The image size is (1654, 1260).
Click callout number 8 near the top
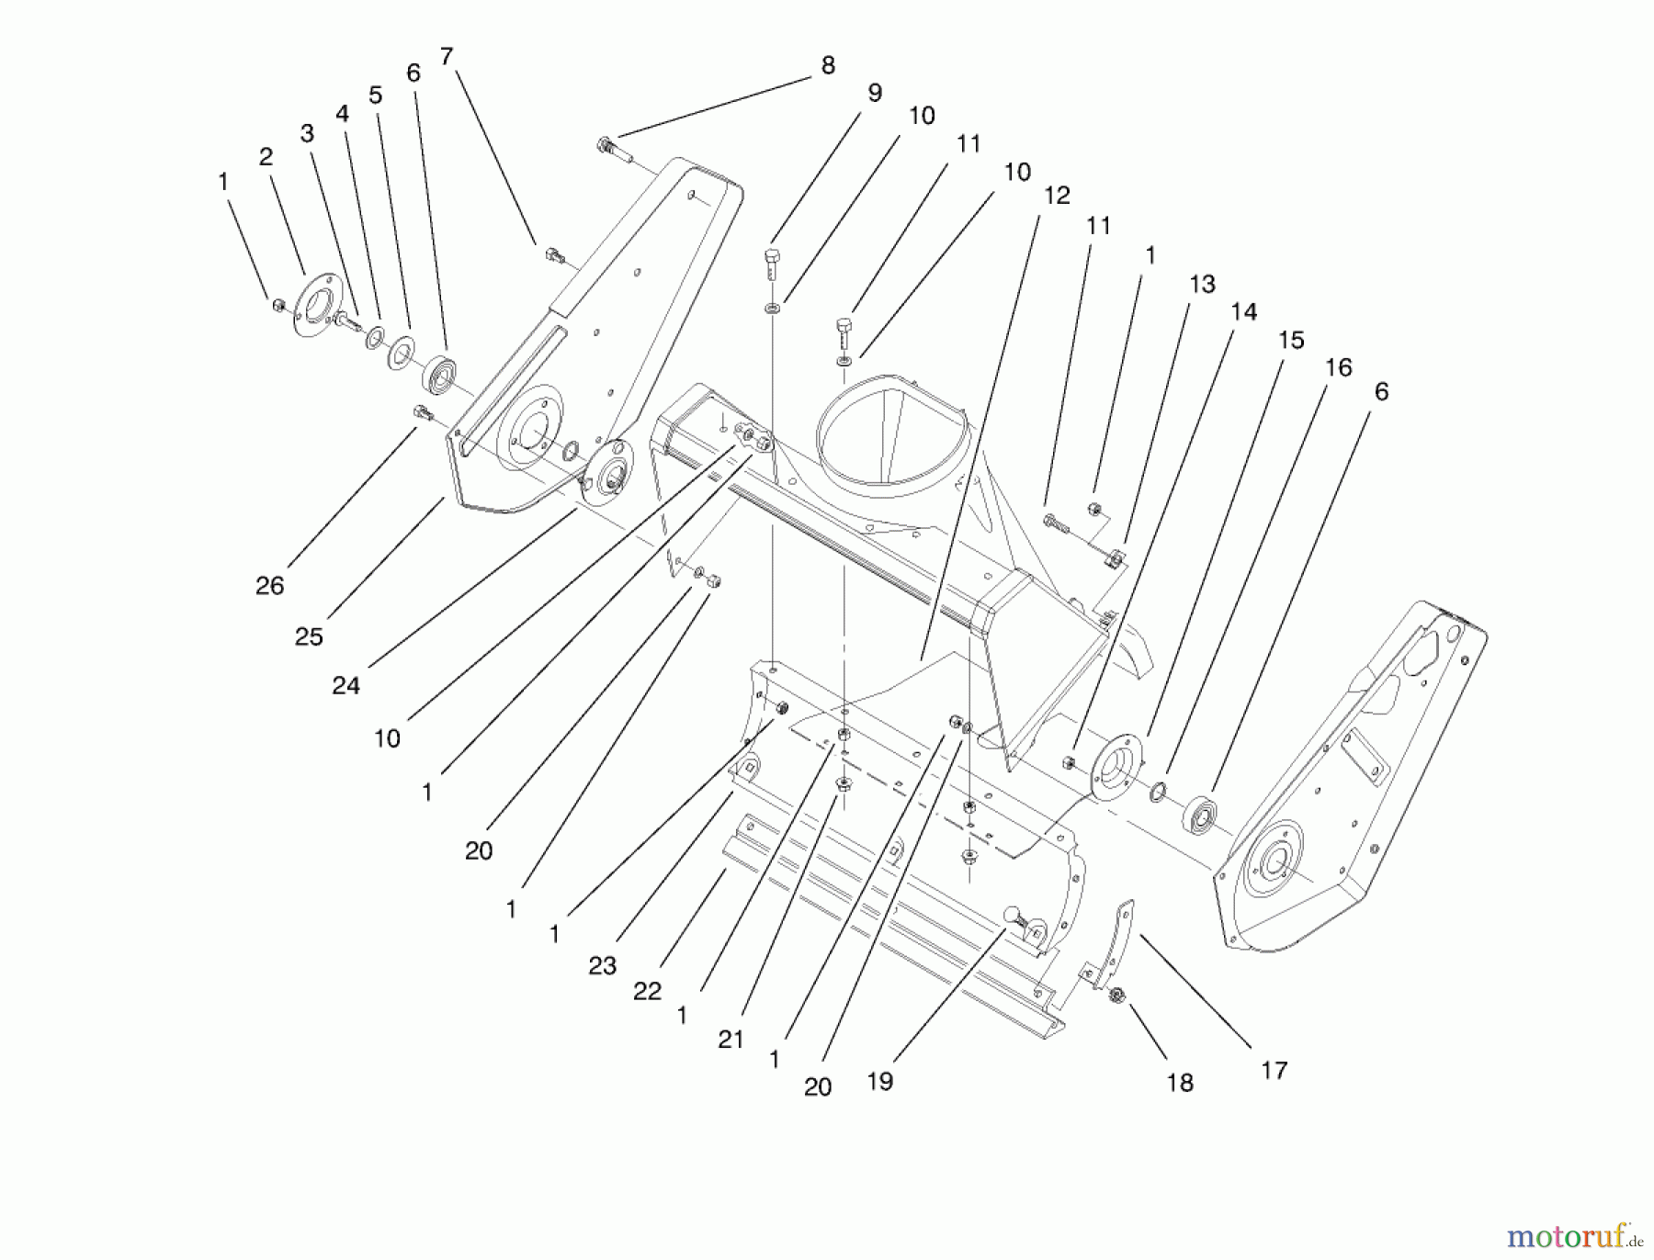(828, 65)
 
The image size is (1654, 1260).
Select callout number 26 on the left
(269, 586)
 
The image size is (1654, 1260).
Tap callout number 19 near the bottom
(879, 1082)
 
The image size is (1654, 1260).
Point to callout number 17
(1274, 1070)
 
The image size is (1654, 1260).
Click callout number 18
(1180, 1083)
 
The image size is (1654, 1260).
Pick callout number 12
(1057, 196)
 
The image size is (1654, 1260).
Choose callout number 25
(309, 636)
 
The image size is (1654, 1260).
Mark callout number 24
(346, 685)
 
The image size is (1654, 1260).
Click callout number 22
(647, 992)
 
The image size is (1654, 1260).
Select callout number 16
(1338, 367)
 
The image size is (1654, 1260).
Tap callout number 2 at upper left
(266, 157)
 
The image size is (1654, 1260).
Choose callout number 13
(1202, 285)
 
